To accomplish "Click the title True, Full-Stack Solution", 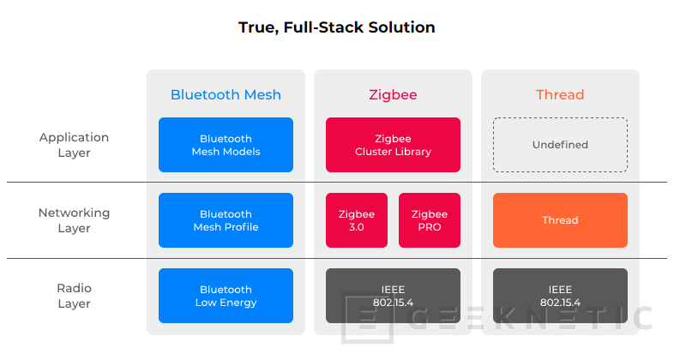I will [336, 27].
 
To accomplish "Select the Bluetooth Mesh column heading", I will [226, 94].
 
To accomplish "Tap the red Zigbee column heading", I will [393, 94].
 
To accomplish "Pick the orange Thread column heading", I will [560, 94].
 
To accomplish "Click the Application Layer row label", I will [75, 145].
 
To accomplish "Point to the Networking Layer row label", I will [75, 220].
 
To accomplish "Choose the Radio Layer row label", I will [75, 296].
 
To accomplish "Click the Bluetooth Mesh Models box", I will [226, 145].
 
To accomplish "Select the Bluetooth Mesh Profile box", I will [226, 220].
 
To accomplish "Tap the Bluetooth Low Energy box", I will [226, 296].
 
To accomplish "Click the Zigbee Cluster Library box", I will [393, 145].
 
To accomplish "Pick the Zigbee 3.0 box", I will [357, 220].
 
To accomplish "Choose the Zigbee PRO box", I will [429, 220].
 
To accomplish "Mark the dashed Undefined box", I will [560, 145].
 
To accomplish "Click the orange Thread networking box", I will [560, 220].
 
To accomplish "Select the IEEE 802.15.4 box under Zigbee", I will [393, 296].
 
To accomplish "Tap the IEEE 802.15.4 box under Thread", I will [560, 296].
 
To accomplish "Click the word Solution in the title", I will [400, 27].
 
